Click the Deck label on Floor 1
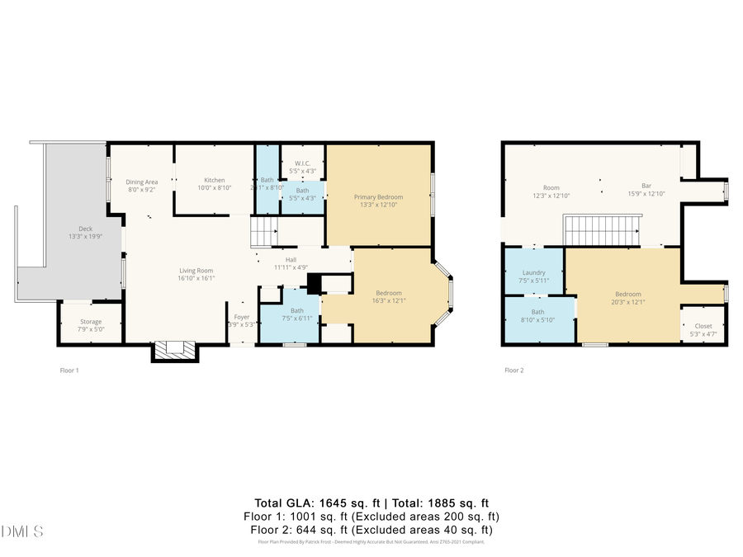[x=85, y=229]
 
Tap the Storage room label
[x=91, y=322]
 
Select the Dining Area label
[x=141, y=182]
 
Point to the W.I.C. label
[x=302, y=163]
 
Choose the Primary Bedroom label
[x=378, y=196]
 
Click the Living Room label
[x=196, y=270]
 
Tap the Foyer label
[x=242, y=317]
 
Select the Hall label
[x=291, y=258]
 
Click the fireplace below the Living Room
[x=175, y=351]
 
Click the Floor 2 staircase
[x=603, y=230]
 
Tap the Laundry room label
[x=534, y=272]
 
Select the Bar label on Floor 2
[x=646, y=186]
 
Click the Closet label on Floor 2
[x=703, y=326]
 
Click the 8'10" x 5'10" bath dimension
[x=538, y=320]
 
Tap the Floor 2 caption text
[x=513, y=371]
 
